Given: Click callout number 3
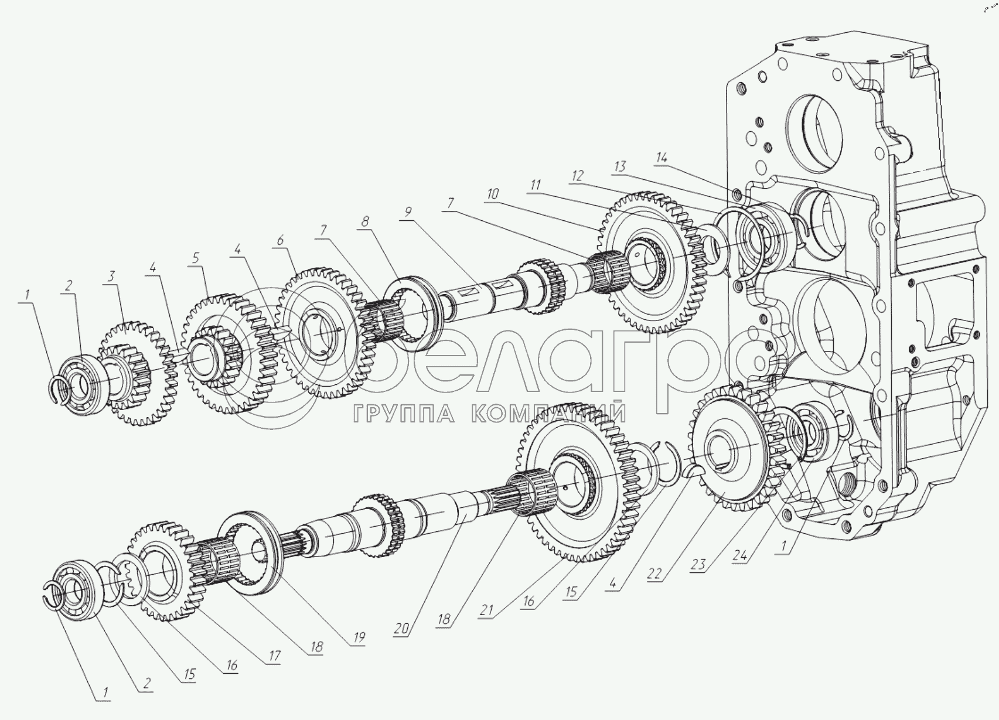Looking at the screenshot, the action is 111,276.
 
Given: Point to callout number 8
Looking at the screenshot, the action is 365,221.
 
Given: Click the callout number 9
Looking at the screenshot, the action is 408,210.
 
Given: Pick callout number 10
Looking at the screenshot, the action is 493,194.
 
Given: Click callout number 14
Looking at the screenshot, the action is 662,158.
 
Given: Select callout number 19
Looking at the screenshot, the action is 359,637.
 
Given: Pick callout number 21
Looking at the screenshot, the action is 486,610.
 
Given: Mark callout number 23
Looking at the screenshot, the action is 697,565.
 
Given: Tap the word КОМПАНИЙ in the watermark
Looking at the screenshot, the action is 548,414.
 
